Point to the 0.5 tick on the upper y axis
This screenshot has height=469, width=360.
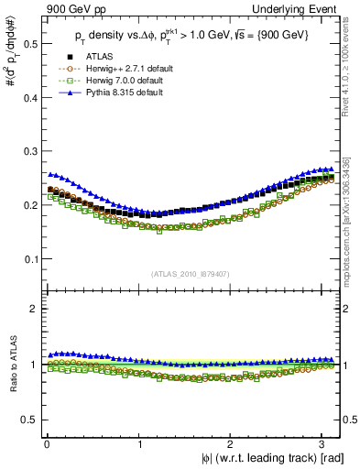pyautogui.click(x=29, y=43)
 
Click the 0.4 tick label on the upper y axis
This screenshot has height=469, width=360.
pyautogui.click(x=29, y=97)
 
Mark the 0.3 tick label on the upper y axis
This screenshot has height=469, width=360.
pyautogui.click(x=29, y=151)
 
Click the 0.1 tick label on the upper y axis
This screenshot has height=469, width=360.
pyautogui.click(x=29, y=258)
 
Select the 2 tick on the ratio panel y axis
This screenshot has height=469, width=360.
pyautogui.click(x=35, y=309)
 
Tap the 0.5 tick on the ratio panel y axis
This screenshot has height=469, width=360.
pyautogui.click(x=29, y=420)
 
